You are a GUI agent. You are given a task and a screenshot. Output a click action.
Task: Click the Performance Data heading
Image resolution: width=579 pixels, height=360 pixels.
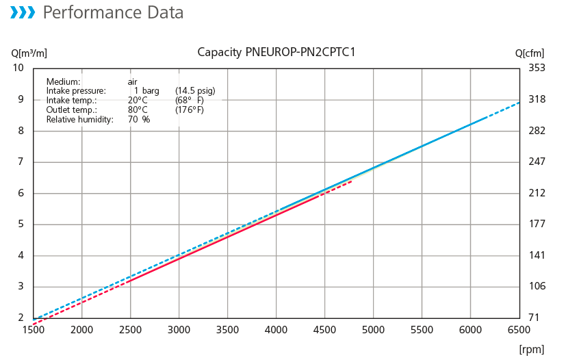113,12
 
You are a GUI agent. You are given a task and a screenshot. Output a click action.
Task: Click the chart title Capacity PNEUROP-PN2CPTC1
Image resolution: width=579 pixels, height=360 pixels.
276,52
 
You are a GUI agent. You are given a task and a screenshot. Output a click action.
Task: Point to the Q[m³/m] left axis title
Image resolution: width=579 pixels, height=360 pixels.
29,53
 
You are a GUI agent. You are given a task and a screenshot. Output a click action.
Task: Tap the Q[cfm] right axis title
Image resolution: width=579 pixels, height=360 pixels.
530,53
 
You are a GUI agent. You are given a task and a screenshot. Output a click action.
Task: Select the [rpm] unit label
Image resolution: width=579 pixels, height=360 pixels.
532,349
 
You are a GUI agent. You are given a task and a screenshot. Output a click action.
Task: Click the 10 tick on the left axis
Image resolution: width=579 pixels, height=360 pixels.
18,68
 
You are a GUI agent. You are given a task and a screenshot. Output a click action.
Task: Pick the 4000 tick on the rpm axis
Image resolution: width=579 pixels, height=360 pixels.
276,330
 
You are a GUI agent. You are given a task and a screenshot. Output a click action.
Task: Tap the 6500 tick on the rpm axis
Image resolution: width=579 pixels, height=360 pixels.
519,330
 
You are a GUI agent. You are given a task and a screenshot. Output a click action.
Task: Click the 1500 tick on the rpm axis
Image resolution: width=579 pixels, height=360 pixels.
33,330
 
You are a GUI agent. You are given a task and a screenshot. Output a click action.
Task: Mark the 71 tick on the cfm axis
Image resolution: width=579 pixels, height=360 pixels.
535,318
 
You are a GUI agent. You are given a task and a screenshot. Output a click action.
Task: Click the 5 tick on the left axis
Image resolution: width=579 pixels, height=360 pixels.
21,224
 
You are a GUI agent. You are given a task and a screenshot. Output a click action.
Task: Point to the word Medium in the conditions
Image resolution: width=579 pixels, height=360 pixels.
63,82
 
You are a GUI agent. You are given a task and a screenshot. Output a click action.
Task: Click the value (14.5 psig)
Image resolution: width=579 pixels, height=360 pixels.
196,91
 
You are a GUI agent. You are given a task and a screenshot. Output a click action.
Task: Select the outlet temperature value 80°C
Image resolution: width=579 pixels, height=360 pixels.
138,110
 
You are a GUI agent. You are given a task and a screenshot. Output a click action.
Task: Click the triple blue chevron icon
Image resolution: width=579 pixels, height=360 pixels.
23,12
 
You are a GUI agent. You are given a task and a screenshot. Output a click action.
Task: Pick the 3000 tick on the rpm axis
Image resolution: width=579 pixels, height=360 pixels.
179,330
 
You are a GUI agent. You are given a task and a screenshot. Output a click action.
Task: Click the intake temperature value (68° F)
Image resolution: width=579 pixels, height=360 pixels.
190,100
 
